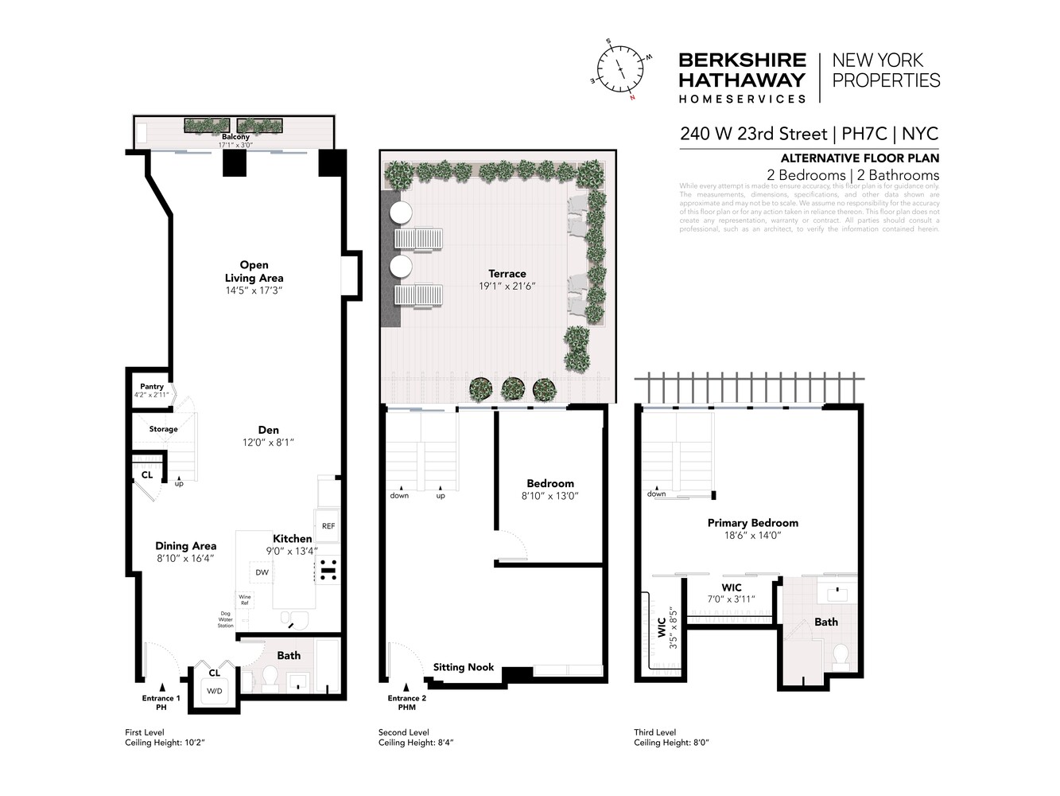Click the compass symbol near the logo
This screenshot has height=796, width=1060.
[x=620, y=70]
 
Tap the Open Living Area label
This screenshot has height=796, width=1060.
[x=254, y=271]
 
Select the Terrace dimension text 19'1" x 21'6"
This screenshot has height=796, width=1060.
[x=507, y=286]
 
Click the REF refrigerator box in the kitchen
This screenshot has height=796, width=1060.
[x=328, y=526]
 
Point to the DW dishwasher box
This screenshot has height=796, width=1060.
[x=262, y=572]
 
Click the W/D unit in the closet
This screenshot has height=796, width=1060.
[x=214, y=691]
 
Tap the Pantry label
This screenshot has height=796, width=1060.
[x=152, y=386]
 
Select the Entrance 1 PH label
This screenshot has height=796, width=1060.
[x=161, y=702]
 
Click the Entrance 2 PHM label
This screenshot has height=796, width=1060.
[x=406, y=702]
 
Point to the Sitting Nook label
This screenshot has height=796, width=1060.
[x=464, y=667]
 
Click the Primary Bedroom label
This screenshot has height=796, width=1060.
[x=752, y=523]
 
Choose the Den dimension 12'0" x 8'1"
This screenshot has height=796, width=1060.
[x=268, y=443]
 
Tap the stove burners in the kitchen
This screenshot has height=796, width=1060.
[x=328, y=572]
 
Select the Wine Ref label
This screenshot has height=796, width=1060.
[x=245, y=599]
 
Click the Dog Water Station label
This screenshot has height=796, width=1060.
[x=226, y=619]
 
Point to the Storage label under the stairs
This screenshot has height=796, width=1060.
[x=163, y=429]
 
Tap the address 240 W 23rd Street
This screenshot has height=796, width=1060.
[x=753, y=134]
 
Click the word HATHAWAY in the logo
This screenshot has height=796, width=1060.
[x=741, y=80]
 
